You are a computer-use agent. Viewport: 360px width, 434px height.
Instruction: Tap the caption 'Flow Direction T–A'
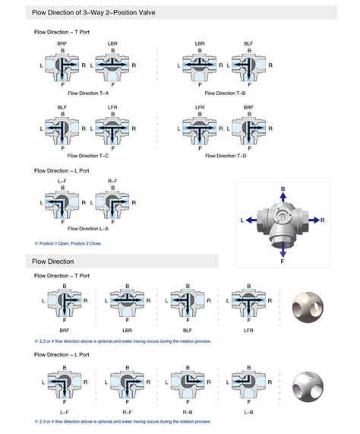tap(89, 93)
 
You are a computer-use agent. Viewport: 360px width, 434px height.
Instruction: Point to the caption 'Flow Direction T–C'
tap(89, 156)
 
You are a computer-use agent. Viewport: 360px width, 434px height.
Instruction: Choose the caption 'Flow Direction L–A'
tap(89, 228)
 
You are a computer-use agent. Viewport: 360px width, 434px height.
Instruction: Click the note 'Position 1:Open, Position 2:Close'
tap(72, 242)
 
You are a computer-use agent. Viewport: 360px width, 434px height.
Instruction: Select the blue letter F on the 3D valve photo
tap(283, 261)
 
